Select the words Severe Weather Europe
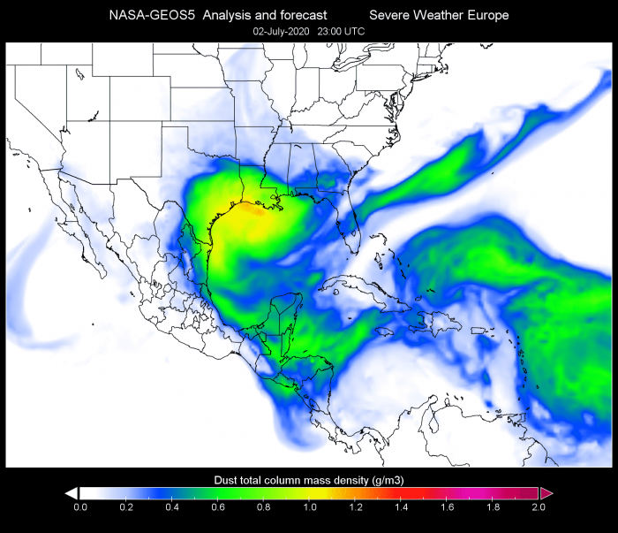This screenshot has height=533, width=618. tap(439, 15)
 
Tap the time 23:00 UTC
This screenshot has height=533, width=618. tap(341, 31)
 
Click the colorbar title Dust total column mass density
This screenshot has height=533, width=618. tap(309, 479)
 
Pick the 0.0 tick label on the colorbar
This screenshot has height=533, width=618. tap(79, 507)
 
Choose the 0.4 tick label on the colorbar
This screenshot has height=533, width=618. tap(171, 507)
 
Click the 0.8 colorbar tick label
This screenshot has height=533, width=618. tap(263, 507)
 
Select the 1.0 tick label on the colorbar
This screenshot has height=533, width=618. tap(309, 507)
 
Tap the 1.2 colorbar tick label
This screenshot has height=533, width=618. tap(355, 507)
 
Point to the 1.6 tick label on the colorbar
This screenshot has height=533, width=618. tap(447, 507)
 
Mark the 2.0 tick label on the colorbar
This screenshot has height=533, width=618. tap(539, 507)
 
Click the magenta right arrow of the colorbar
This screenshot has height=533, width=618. tap(546, 492)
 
